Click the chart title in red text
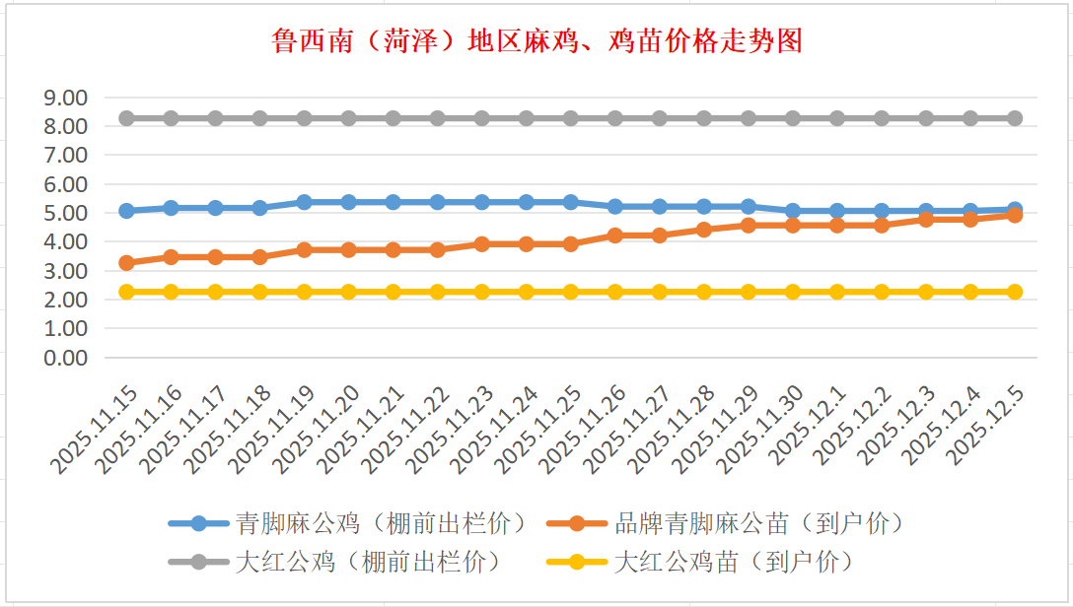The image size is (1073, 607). [536, 40]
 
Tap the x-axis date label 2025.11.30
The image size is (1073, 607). [764, 432]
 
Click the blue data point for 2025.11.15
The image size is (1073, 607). [126, 211]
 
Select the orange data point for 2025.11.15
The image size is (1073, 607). [126, 263]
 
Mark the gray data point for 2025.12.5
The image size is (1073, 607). [1015, 118]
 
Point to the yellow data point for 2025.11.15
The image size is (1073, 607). [126, 292]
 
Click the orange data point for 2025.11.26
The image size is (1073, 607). [615, 236]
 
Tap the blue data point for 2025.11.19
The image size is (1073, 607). [304, 202]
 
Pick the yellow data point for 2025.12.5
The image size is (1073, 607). [1015, 292]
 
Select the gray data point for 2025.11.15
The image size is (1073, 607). [126, 118]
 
